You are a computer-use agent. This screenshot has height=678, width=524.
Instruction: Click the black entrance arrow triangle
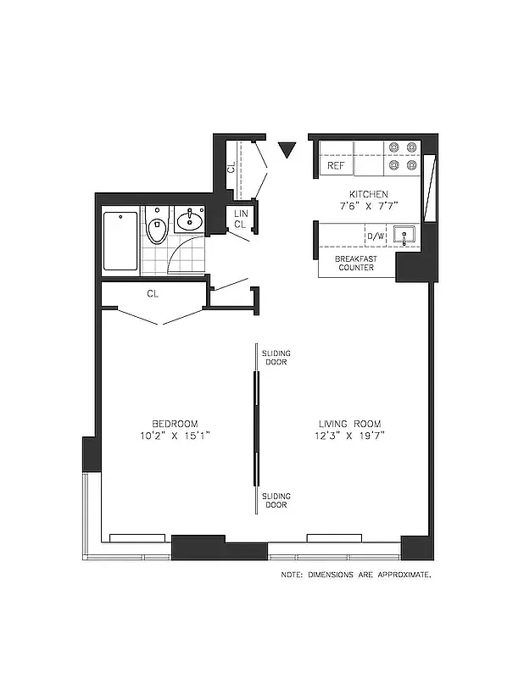pos(287,150)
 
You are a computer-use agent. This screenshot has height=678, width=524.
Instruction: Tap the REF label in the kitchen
pos(336,166)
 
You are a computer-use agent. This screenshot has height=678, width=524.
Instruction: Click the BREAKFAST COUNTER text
pos(355,263)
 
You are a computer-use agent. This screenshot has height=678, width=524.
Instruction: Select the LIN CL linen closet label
pos(241,220)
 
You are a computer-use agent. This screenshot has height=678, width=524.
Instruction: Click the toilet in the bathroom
pos(156,230)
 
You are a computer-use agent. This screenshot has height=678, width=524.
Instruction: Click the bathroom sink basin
pos(190,223)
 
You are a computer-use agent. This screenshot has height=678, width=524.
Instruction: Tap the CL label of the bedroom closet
pos(153,294)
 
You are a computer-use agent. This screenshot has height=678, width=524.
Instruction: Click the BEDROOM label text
pos(176,424)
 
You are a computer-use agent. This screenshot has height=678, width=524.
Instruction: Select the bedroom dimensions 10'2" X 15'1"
pos(176,436)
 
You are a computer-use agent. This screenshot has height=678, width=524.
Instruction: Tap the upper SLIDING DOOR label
pos(274,357)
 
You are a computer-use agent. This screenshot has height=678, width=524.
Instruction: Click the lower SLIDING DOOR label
pos(274,500)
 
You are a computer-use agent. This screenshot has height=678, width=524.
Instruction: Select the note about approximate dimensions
pos(356,575)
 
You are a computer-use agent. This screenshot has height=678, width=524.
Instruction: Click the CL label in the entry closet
pos(231,167)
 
